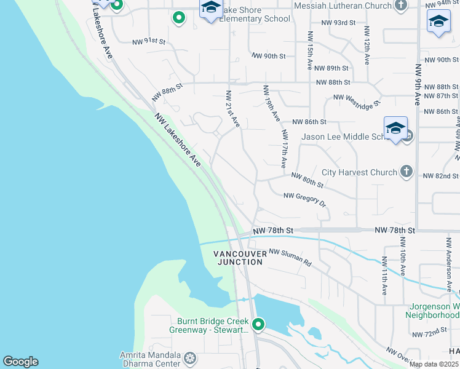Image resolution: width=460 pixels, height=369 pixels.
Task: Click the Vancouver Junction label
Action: (x=239, y=258)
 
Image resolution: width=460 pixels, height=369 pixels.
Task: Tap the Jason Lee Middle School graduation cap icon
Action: (x=395, y=129)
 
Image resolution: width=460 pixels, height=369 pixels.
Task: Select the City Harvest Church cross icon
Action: (x=406, y=172)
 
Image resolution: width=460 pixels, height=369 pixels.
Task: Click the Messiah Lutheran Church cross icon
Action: (x=401, y=6)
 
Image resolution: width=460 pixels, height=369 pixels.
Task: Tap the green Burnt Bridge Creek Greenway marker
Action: (x=258, y=323)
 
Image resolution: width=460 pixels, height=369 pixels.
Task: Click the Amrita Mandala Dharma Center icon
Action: (x=191, y=357)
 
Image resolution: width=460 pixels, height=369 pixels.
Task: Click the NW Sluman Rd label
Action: (x=290, y=256)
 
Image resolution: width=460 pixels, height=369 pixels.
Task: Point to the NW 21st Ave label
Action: (x=232, y=109)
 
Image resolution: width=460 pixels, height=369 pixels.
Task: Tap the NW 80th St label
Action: (x=307, y=180)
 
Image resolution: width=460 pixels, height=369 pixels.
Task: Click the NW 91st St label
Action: (x=149, y=42)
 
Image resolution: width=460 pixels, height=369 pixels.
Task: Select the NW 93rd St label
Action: (x=338, y=23)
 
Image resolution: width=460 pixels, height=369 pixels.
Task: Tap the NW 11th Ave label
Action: (x=384, y=275)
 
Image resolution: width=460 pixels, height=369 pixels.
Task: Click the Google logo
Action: (x=20, y=362)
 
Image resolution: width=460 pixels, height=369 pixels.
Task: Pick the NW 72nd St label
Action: (x=430, y=331)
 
